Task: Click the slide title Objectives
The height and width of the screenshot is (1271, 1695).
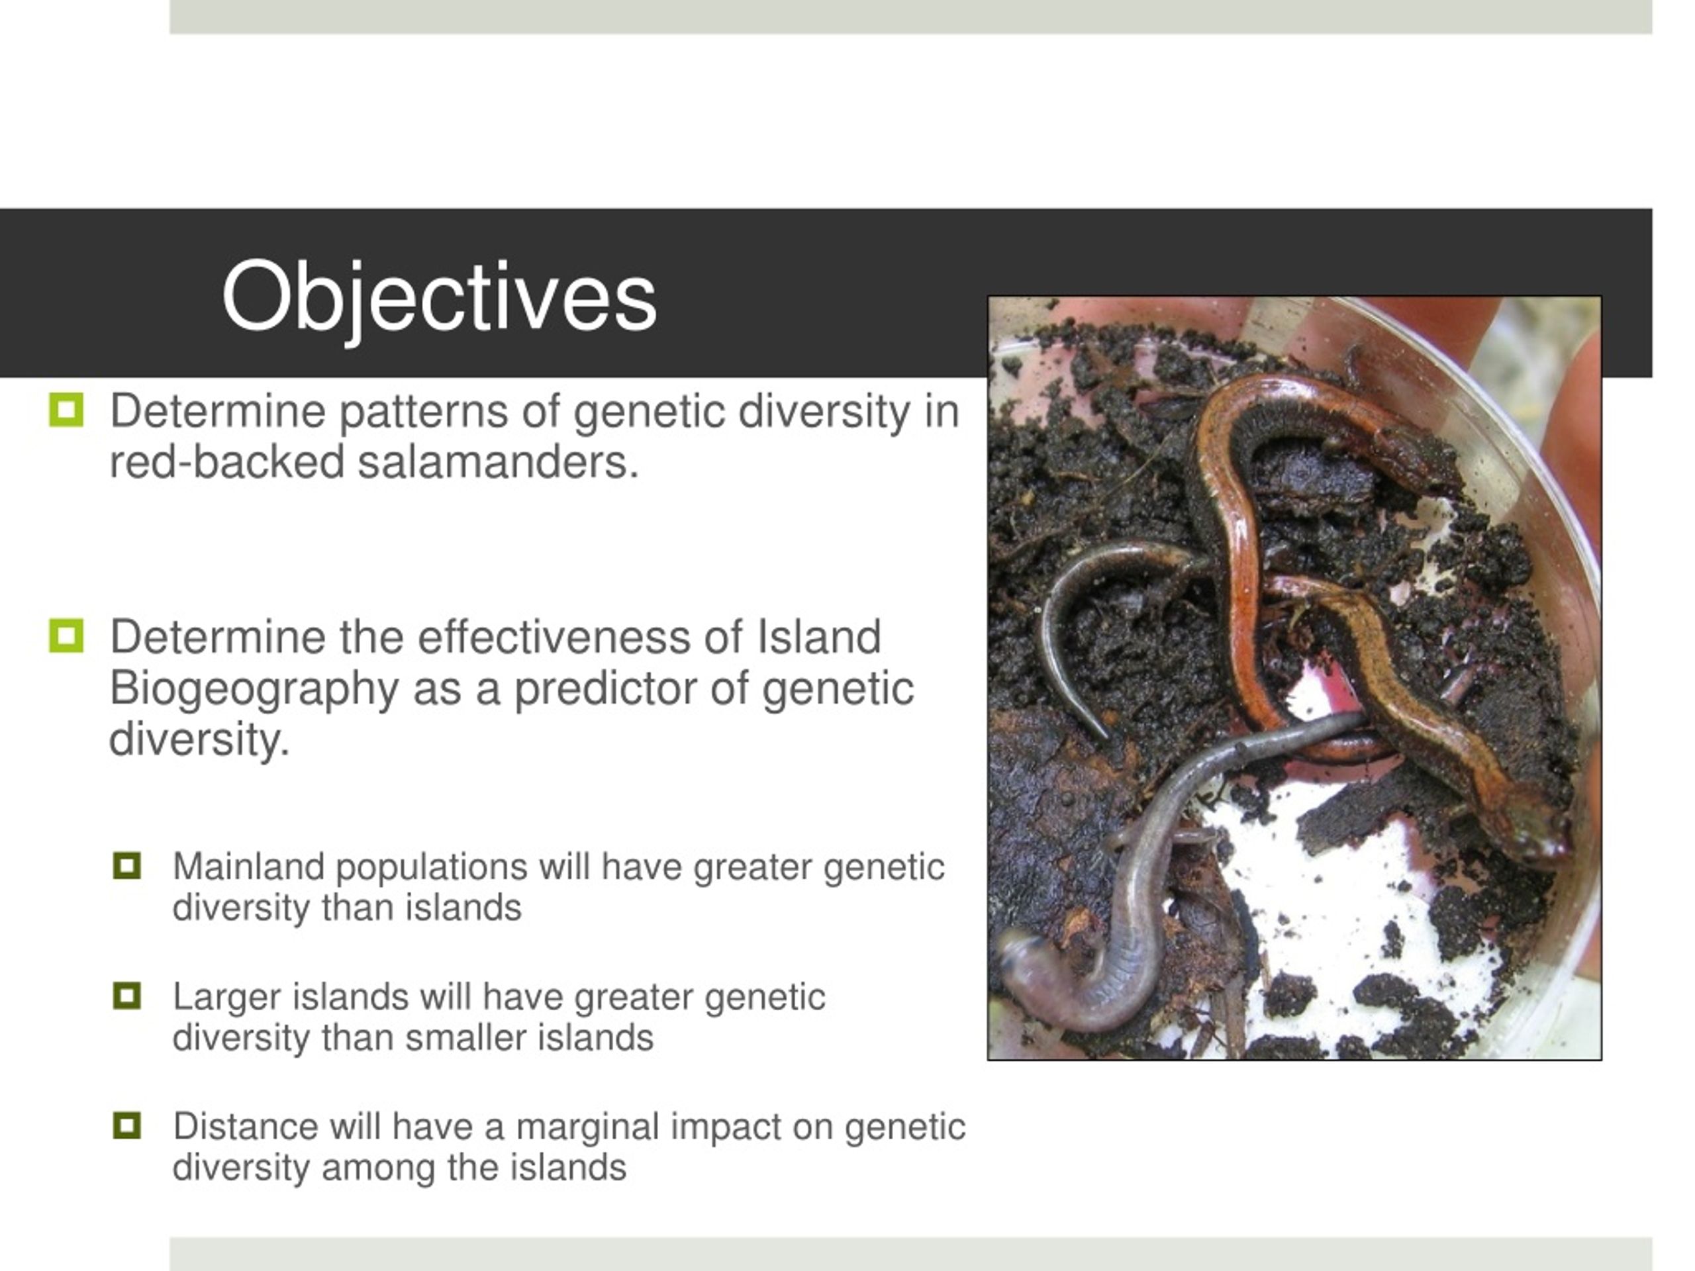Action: [x=439, y=297]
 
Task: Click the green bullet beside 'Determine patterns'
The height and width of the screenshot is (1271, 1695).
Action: [x=66, y=410]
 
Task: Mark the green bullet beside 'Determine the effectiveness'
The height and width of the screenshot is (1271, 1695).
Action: [x=66, y=636]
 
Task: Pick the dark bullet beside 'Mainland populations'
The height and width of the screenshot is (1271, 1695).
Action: [x=126, y=866]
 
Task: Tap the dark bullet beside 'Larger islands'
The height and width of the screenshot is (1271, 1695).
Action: [x=126, y=996]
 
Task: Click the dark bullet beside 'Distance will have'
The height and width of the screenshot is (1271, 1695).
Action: [x=126, y=1125]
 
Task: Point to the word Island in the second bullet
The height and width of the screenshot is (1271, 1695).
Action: [x=819, y=637]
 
